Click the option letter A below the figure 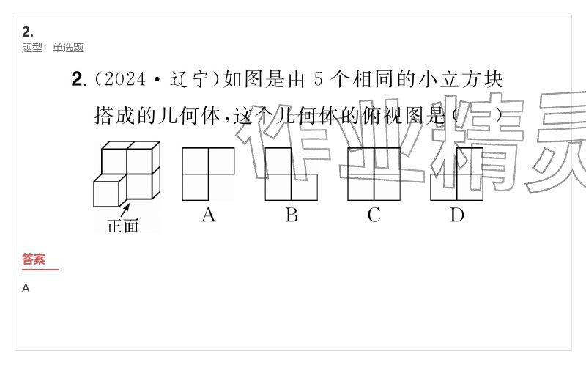(x=209, y=215)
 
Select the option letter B (x=292, y=215)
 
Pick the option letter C (x=374, y=215)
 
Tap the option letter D (x=457, y=215)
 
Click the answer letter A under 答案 (x=26, y=288)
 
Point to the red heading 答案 (x=34, y=259)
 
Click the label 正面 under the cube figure (x=122, y=226)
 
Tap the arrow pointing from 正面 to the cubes (x=125, y=210)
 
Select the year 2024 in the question (x=125, y=80)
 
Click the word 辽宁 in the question (x=189, y=80)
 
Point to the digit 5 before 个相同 (x=318, y=80)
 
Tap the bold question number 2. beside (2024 (x=79, y=80)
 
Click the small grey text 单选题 (x=68, y=48)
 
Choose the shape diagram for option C (x=374, y=174)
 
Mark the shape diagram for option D (x=456, y=174)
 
